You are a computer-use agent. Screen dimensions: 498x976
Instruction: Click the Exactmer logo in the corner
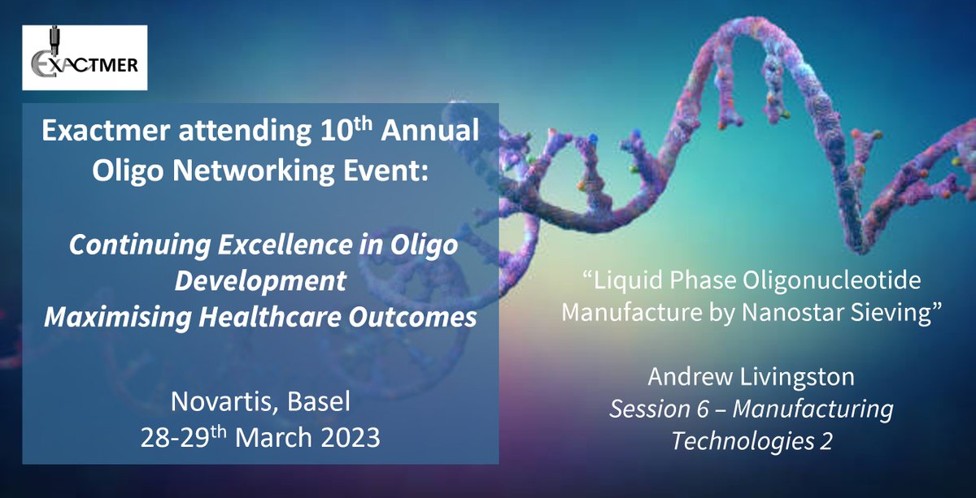[x=85, y=58]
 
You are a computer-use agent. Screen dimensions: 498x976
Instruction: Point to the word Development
[x=260, y=281]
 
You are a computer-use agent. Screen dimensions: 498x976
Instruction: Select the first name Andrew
[x=691, y=376]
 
